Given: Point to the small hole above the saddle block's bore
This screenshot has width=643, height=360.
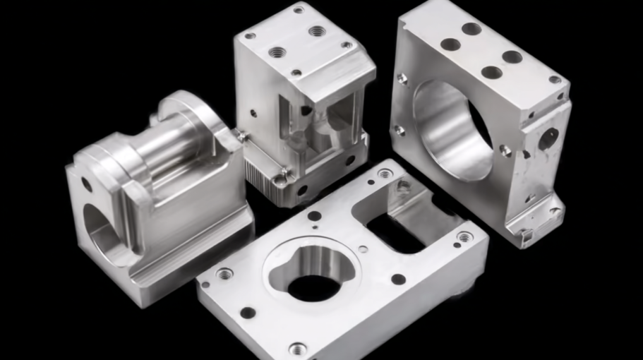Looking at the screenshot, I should coord(86,184).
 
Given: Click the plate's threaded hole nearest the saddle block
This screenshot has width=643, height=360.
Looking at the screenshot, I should coord(224,273).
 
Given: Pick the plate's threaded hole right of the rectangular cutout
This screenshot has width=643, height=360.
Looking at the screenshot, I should coord(464,237).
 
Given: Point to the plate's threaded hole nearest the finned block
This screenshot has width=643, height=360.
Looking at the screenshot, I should coord(385,173).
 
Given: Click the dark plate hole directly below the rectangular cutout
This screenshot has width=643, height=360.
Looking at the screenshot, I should coord(398,279).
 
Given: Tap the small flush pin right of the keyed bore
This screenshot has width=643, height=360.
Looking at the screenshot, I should coord(362,248).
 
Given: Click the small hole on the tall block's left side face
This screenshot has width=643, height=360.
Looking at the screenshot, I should coord(253,113).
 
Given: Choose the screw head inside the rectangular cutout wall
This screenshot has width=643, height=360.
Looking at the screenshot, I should coord(403,186).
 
